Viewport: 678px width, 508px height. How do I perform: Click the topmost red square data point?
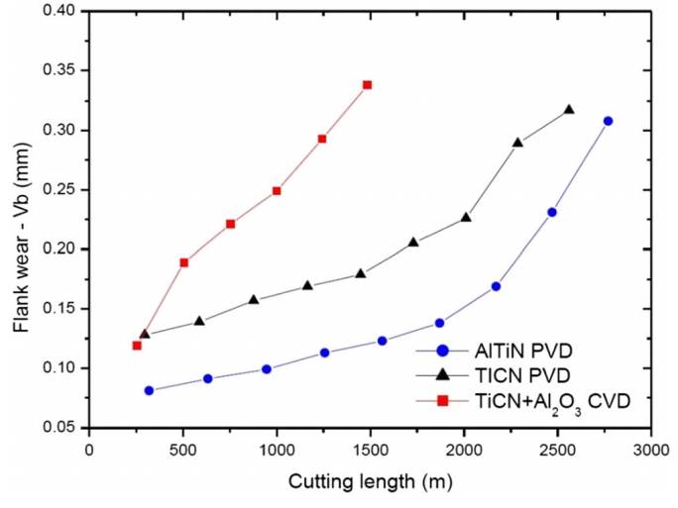[367, 85]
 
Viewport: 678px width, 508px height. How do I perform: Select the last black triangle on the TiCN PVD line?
[569, 110]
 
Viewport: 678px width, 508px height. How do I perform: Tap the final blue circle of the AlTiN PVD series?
[608, 121]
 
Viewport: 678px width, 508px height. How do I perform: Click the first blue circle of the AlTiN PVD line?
[149, 390]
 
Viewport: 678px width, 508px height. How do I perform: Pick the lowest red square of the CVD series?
[137, 346]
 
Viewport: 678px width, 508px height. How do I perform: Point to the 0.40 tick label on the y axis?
[58, 12]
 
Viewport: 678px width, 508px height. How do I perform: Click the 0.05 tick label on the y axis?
[58, 428]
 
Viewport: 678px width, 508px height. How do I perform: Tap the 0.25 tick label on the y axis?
[58, 190]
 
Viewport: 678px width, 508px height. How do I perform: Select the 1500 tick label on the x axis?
[370, 448]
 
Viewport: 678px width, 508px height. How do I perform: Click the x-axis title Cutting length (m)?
[370, 482]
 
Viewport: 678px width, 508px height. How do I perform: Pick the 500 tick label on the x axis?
[182, 448]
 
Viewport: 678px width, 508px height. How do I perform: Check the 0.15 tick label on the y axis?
[58, 309]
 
